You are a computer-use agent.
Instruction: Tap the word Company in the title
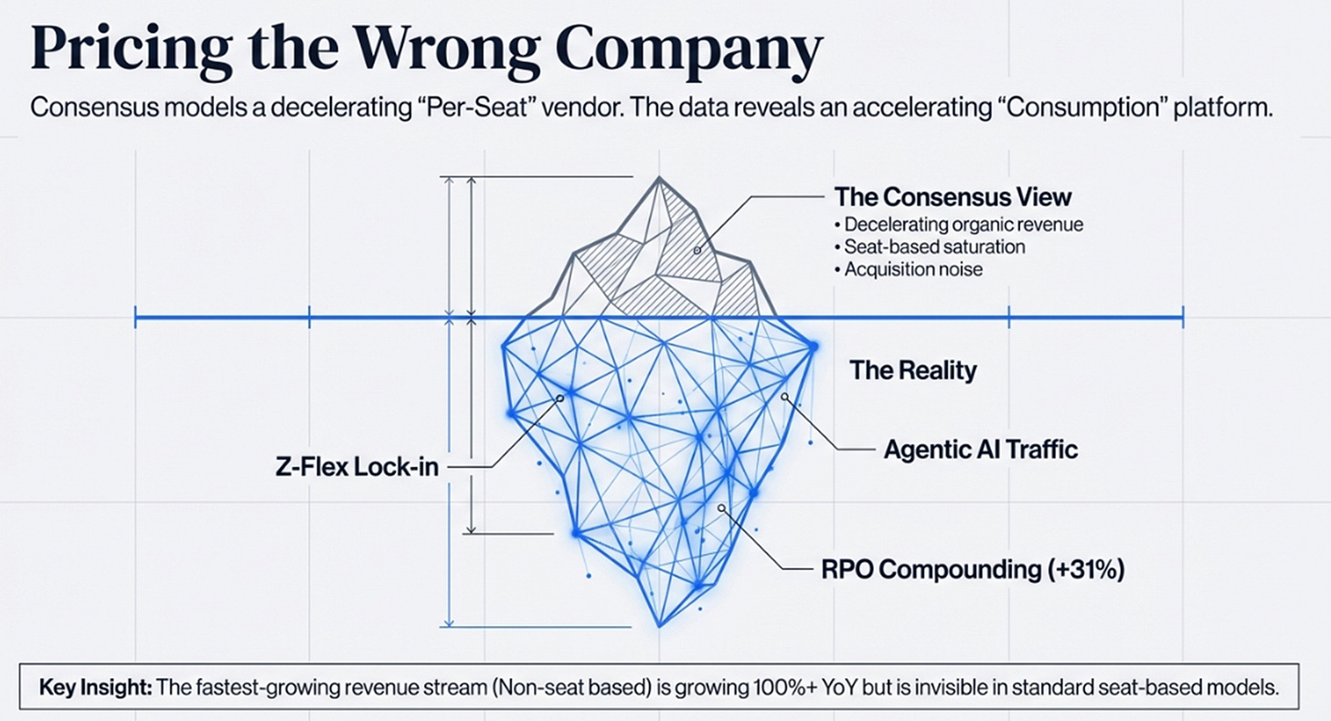click(x=684, y=52)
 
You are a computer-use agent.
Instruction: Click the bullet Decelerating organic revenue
click(x=964, y=224)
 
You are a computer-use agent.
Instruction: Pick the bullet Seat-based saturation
click(x=934, y=247)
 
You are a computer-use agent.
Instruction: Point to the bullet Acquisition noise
click(x=913, y=270)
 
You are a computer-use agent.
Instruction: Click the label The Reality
click(x=913, y=370)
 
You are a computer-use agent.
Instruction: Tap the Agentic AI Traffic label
click(x=981, y=449)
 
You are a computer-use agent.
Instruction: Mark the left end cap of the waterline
click(x=135, y=318)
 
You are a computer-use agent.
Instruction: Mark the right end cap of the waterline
click(x=1183, y=318)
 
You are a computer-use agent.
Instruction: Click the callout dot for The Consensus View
click(x=697, y=249)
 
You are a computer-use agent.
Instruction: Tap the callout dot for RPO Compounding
click(x=721, y=508)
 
